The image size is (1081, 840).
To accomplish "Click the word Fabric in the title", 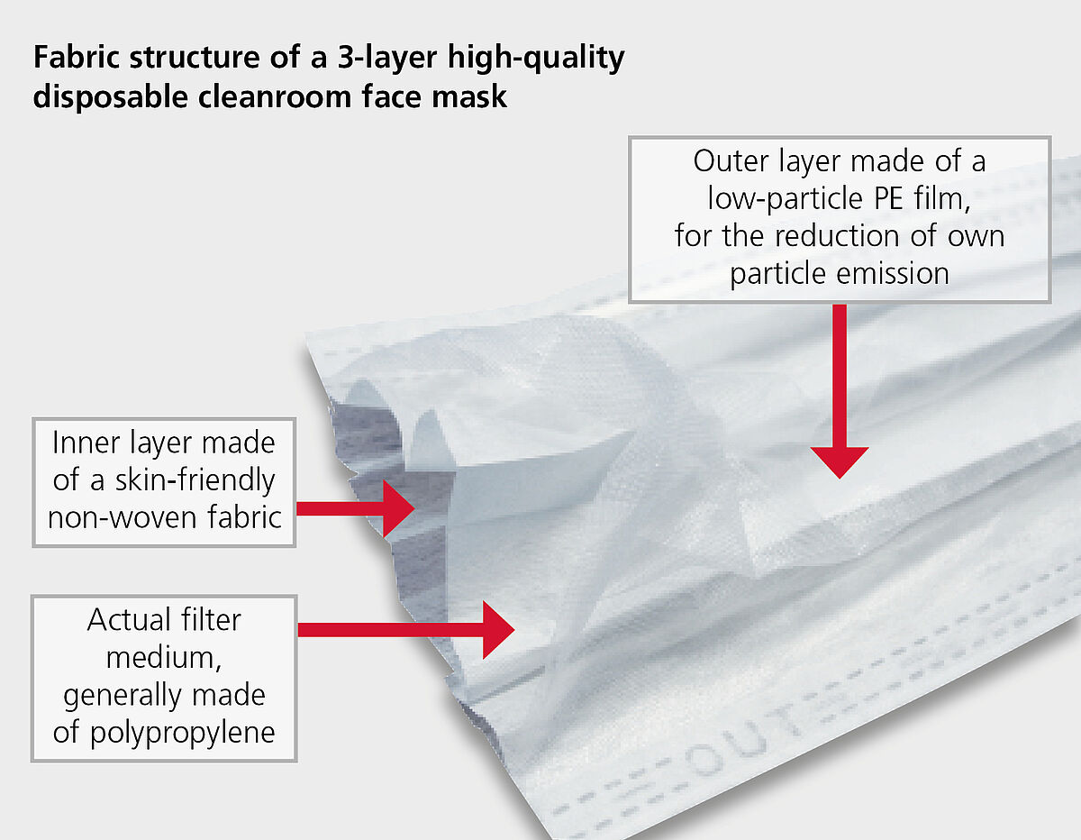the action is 77,57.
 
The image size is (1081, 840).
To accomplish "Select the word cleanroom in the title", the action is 275,96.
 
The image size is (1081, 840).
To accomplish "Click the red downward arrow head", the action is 840,462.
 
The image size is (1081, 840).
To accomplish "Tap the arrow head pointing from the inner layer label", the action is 399,508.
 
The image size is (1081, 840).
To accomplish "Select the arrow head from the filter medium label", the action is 498,630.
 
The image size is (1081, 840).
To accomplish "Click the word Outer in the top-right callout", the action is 731,161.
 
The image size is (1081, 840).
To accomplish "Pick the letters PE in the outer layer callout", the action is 888,198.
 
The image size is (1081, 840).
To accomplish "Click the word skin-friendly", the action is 195,481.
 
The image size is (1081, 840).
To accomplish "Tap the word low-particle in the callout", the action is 785,199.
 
